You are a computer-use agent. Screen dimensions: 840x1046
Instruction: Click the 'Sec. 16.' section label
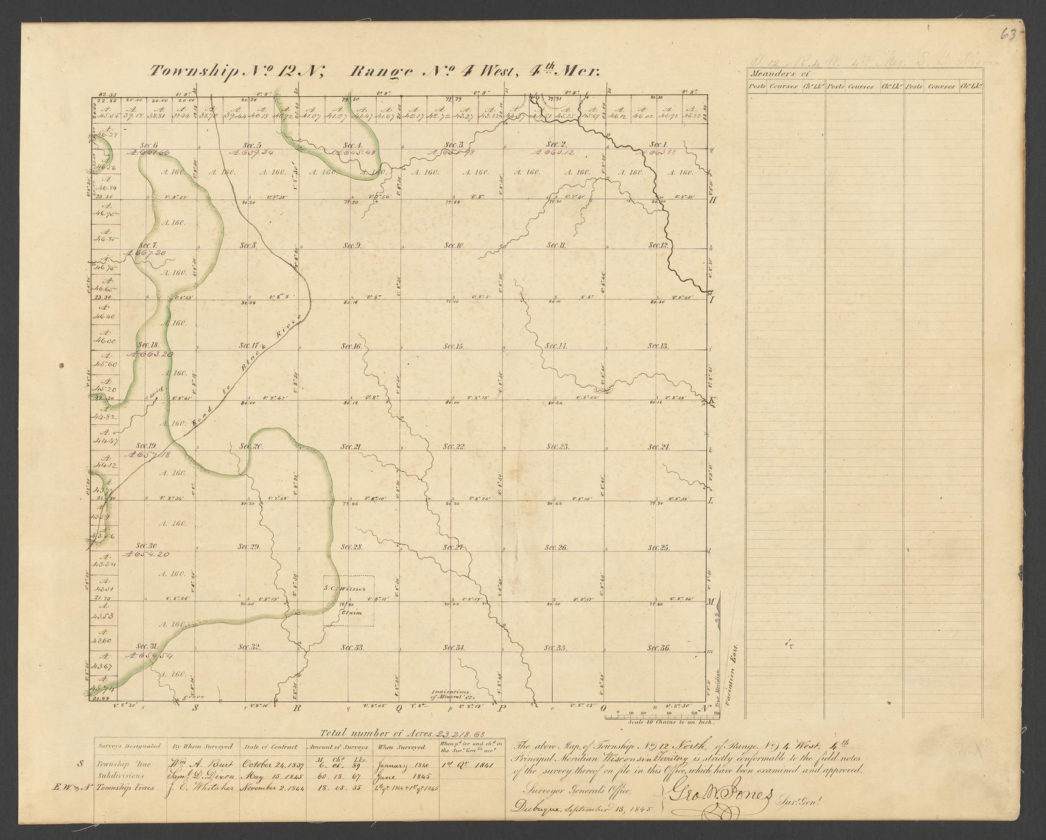(x=352, y=346)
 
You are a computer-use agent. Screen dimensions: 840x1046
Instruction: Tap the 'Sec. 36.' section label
(x=659, y=648)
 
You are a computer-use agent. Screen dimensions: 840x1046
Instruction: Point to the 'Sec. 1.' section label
(x=656, y=144)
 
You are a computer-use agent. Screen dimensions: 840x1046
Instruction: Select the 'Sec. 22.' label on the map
(x=454, y=447)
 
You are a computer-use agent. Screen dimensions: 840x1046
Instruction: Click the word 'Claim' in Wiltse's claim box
(x=351, y=612)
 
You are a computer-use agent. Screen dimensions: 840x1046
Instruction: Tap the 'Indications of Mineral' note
(x=452, y=695)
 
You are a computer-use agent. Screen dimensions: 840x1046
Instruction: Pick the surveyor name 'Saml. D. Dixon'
(x=203, y=777)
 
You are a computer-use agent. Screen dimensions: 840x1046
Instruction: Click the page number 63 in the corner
(x=1011, y=35)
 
